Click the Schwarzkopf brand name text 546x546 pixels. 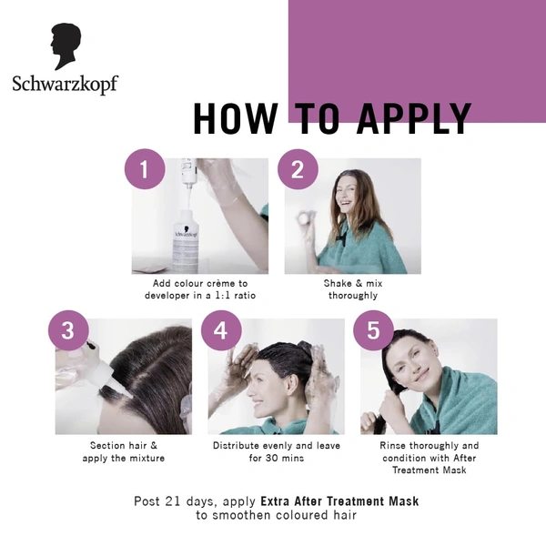[65, 85]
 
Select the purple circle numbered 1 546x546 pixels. [144, 169]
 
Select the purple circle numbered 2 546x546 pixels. [297, 169]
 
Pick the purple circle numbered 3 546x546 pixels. [67, 330]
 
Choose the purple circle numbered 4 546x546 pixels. [220, 330]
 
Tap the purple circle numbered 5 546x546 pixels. [373, 330]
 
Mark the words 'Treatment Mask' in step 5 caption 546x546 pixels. [429, 470]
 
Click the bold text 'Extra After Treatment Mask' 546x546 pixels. [339, 500]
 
